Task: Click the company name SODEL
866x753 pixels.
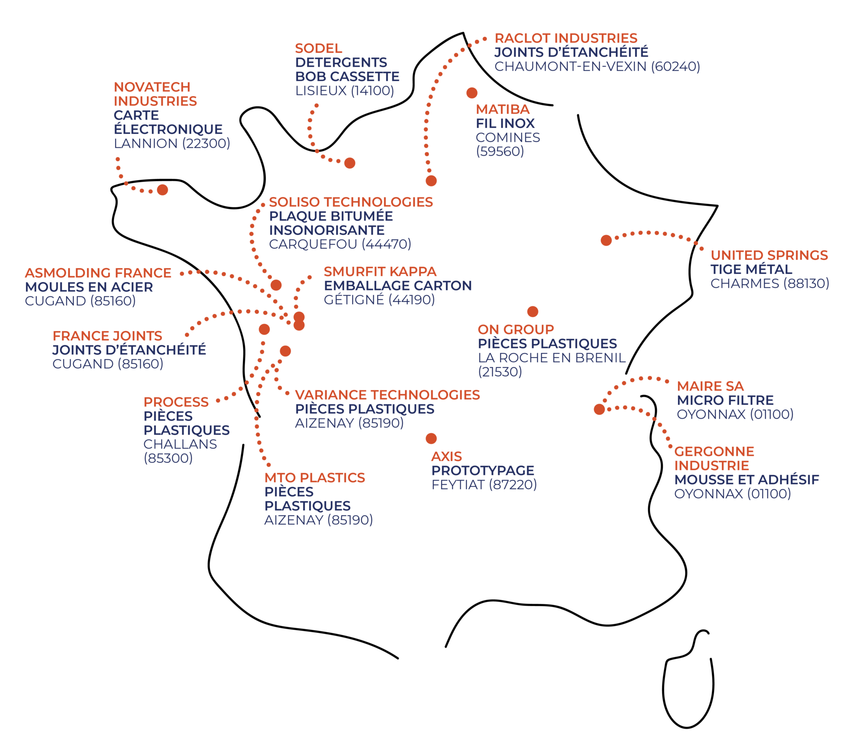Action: (x=318, y=49)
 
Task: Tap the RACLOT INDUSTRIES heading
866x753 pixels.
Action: (x=566, y=38)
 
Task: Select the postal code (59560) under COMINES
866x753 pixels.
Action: (x=500, y=152)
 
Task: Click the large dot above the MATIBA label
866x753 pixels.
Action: (x=472, y=93)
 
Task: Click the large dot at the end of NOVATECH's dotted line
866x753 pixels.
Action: (x=162, y=190)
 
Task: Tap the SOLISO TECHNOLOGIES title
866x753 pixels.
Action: (x=351, y=202)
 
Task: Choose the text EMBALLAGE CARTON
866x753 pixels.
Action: (x=397, y=286)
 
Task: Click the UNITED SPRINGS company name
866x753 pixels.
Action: (x=769, y=255)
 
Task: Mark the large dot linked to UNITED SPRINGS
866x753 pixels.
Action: (x=606, y=240)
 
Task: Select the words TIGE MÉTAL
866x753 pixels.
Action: (x=751, y=269)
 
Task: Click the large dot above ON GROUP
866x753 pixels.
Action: (x=533, y=312)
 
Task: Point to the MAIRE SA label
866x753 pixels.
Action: (x=710, y=386)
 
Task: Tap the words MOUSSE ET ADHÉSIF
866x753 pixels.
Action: (x=746, y=480)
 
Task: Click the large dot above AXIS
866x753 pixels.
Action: (x=431, y=438)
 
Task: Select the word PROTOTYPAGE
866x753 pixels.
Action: (x=482, y=471)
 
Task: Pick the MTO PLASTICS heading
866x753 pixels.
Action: (x=315, y=477)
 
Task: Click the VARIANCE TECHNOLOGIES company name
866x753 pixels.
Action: (x=387, y=395)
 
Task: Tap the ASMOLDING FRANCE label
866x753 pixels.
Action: (x=98, y=273)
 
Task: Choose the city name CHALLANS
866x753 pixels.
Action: (x=180, y=444)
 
